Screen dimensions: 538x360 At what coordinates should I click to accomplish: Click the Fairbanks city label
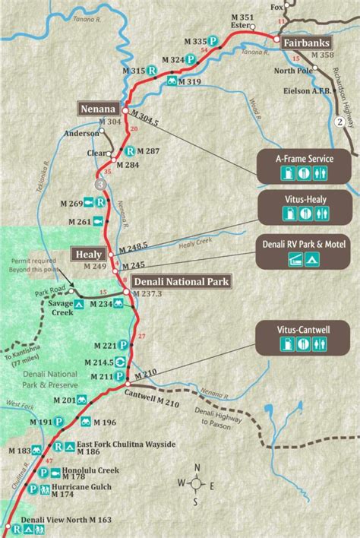[x=308, y=43]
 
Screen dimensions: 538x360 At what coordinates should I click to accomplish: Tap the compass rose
[x=197, y=483]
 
